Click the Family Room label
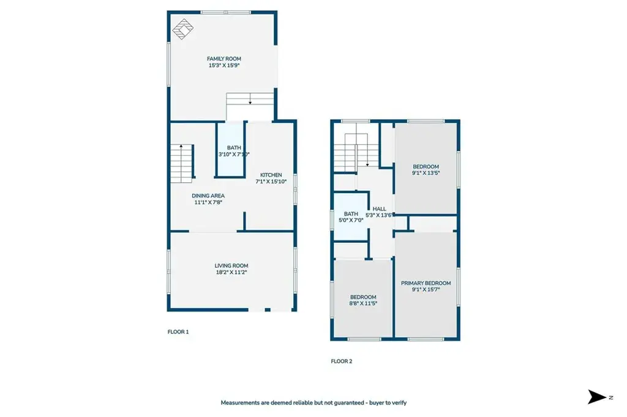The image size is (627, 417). point(224,59)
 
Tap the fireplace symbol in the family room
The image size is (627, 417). point(182,29)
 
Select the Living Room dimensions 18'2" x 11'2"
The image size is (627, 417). point(231,273)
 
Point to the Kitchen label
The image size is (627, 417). point(271,175)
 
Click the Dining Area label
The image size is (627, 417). point(208,196)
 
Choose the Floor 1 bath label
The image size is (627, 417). point(234,148)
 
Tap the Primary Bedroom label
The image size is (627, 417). point(426,283)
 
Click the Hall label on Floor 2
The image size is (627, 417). point(380,209)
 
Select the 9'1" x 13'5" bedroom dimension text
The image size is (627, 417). point(426,173)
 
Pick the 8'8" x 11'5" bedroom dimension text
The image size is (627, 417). point(363,303)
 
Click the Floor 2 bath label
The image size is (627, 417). point(351,214)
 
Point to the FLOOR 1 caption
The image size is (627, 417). point(178,332)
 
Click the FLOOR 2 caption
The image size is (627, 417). point(342,361)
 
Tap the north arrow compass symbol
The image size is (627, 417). point(597,397)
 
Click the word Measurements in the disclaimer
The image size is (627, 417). point(240,402)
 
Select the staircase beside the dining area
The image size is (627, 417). point(182,163)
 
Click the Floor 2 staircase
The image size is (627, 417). point(356,153)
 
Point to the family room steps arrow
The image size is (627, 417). point(250,98)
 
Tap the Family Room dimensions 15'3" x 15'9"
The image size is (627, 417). point(224,65)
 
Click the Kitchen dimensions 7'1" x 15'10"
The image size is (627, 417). point(271,182)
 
